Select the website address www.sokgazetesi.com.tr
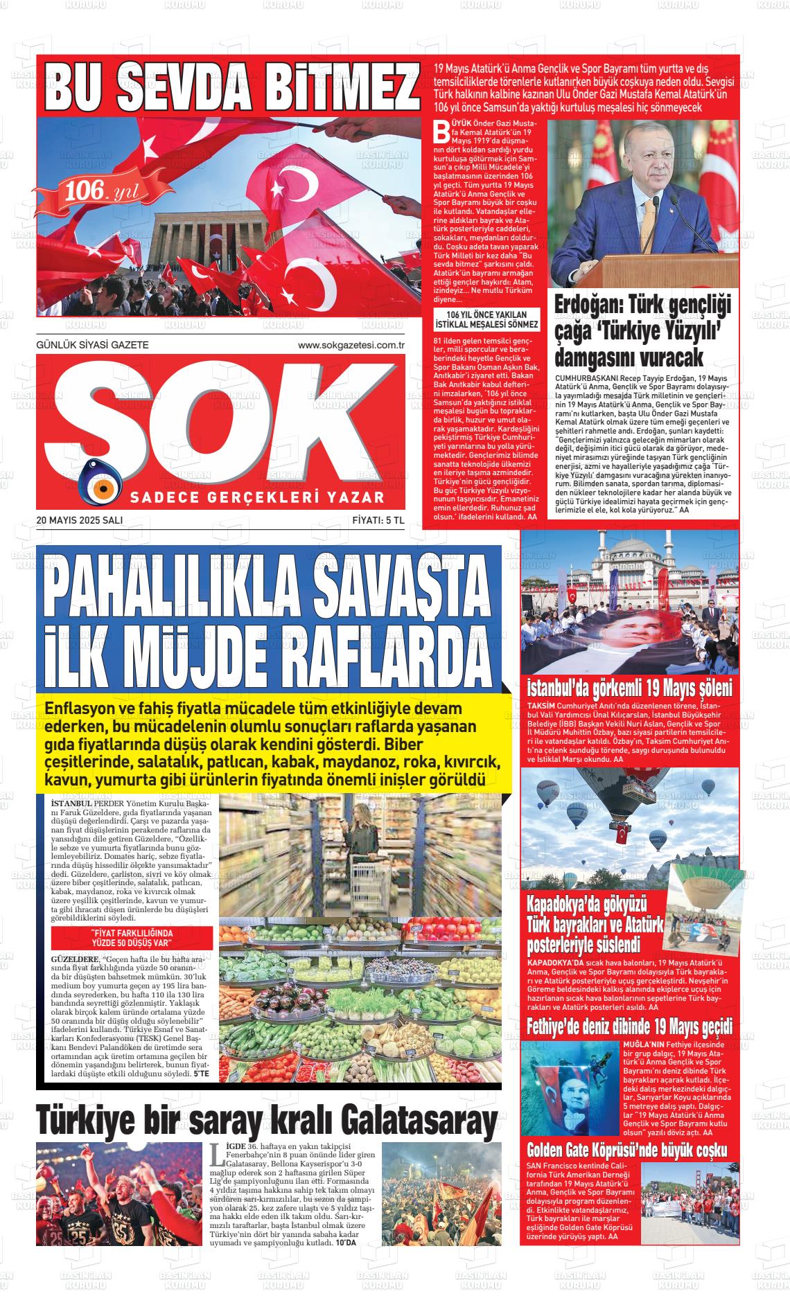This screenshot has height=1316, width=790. point(351,345)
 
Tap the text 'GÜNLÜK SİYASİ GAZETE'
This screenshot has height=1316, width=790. point(92,345)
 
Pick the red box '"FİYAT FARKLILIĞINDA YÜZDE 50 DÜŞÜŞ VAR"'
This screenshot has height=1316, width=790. point(132,939)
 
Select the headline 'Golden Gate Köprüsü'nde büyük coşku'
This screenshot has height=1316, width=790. point(627,1150)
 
